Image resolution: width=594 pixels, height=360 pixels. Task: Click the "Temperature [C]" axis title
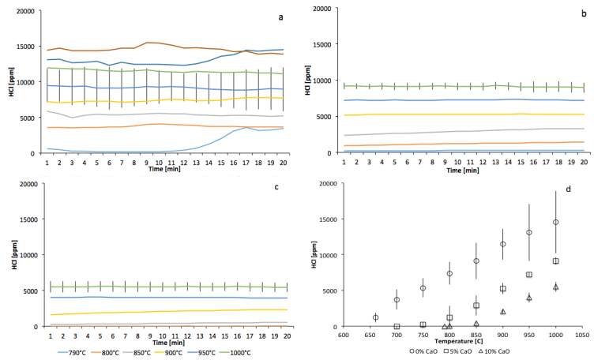pyautogui.click(x=461, y=340)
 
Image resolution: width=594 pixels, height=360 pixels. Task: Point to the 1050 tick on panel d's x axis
pyautogui.click(x=581, y=334)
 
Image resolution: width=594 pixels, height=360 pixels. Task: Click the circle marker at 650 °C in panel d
pyautogui.click(x=375, y=317)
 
